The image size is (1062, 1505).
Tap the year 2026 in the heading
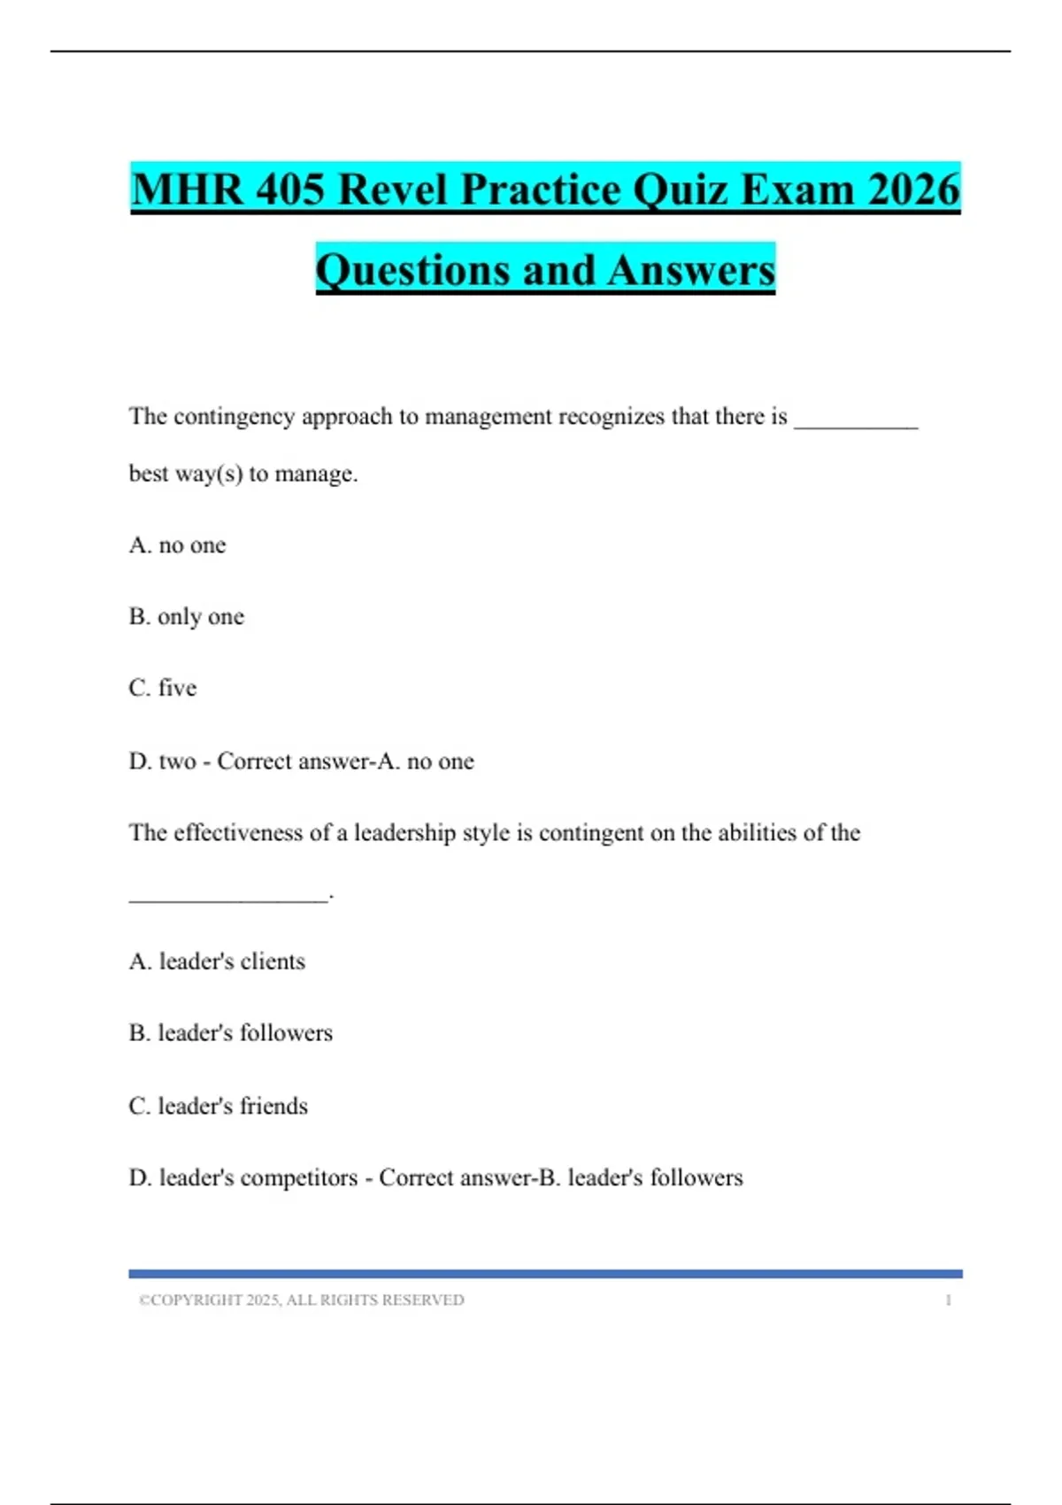(913, 189)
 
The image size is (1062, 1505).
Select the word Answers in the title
(692, 270)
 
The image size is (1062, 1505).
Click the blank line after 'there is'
(856, 425)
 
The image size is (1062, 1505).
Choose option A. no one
(178, 545)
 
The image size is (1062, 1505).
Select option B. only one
(187, 617)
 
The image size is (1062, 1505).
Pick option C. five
(163, 688)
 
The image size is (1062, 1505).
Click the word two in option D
(177, 761)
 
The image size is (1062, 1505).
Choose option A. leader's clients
(217, 961)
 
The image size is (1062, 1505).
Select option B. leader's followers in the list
(231, 1033)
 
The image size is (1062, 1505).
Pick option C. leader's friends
(219, 1107)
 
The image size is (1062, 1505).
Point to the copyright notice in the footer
(302, 1300)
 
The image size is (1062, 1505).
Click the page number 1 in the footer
(948, 1300)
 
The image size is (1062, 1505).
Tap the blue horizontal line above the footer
(545, 1274)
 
